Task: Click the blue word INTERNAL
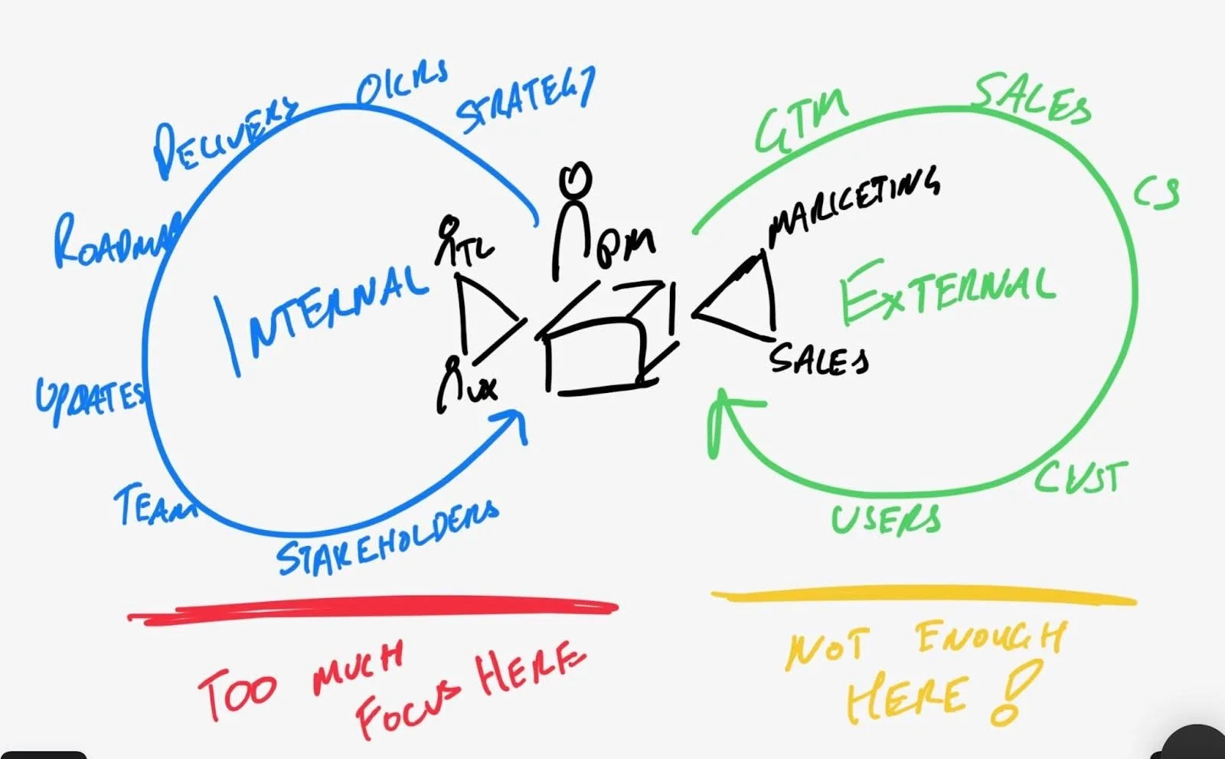pyautogui.click(x=322, y=314)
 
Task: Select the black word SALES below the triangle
pyautogui.click(x=818, y=358)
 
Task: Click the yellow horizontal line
pyautogui.click(x=923, y=597)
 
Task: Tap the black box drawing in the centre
pyautogui.click(x=605, y=341)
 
